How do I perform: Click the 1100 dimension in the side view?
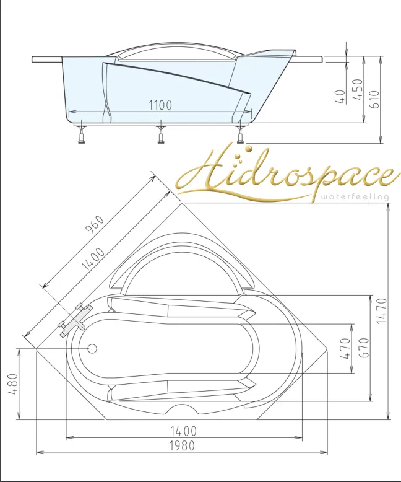coord(160,105)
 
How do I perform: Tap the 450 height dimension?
coord(358,89)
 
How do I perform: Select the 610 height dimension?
coord(374,99)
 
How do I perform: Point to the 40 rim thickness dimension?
coord(340,97)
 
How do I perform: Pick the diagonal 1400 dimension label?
coord(93,259)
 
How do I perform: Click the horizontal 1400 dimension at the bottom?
coord(183,431)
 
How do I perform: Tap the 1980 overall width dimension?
coord(183,445)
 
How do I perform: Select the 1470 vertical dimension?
coord(382,311)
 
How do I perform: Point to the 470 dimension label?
coord(345,348)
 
